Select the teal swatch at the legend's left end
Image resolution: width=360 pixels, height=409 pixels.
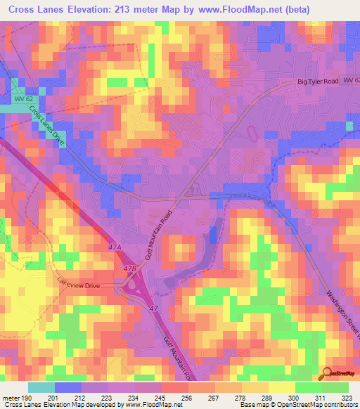41,387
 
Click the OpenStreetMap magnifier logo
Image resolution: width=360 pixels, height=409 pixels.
326,372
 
